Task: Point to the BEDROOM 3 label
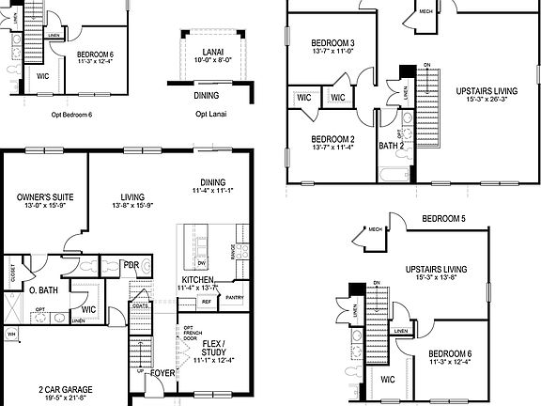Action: click(x=332, y=43)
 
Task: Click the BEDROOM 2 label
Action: click(x=332, y=139)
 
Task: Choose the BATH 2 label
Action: click(x=391, y=146)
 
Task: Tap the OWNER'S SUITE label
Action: click(x=39, y=197)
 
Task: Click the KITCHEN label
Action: click(x=198, y=280)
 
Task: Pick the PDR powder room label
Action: click(x=131, y=265)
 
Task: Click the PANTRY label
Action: click(x=235, y=298)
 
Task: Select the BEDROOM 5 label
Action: click(x=444, y=219)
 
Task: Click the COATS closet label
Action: click(x=142, y=305)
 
